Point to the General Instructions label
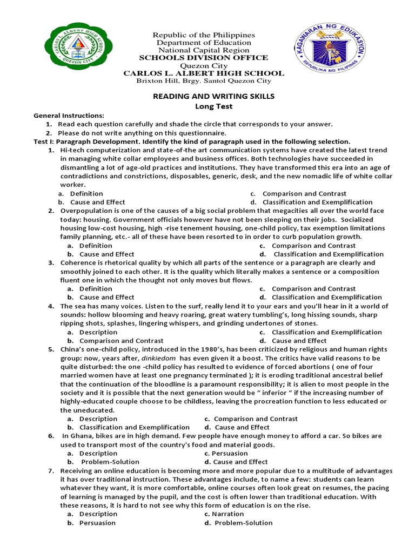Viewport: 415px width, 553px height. (69, 116)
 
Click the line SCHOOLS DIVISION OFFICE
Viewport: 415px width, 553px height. (204, 58)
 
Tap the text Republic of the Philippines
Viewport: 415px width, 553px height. (204, 35)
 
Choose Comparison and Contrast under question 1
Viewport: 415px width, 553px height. (304, 193)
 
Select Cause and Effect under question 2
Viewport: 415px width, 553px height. (106, 254)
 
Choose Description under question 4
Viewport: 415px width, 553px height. (98, 332)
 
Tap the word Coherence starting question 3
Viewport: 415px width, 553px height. (79, 262)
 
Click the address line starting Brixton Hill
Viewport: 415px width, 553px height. (204, 81)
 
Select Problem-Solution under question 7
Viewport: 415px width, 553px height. (243, 523)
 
